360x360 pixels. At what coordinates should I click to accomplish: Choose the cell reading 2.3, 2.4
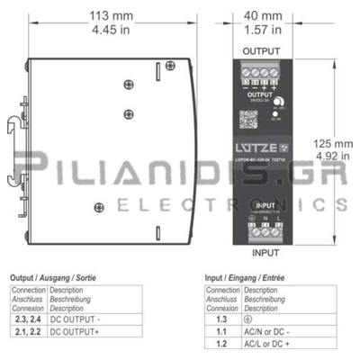[28, 319]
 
